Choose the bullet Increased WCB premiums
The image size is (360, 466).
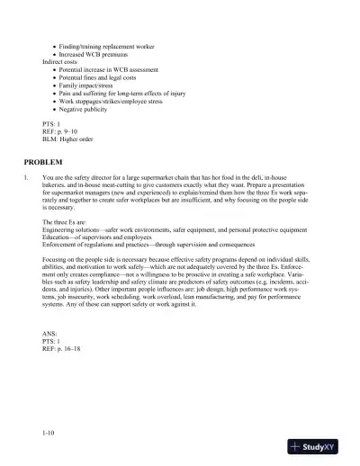(97, 55)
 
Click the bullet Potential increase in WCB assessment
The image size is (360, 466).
(112, 69)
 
